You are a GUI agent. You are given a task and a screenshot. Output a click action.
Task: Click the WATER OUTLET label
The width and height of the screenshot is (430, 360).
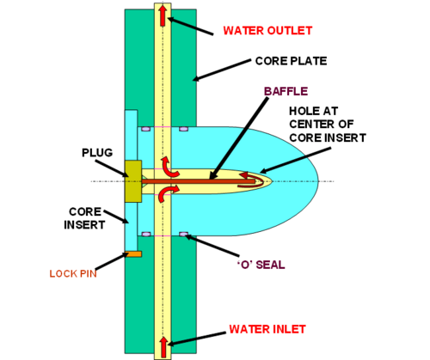(x=267, y=31)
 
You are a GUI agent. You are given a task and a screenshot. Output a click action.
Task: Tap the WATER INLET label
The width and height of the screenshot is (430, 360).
(x=267, y=329)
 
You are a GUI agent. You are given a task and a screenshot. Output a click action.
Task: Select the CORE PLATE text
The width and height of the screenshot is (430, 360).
(x=291, y=61)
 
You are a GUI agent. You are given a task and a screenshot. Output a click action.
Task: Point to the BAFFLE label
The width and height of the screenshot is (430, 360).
(x=286, y=91)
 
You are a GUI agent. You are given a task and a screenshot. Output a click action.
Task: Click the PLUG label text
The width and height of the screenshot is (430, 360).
(x=97, y=153)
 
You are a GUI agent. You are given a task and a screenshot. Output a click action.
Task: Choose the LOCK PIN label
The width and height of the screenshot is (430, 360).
(x=73, y=274)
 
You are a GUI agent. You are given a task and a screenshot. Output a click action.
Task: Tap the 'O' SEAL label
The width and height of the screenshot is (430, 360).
(x=261, y=265)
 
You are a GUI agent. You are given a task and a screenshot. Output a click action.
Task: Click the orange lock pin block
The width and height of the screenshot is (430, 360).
(x=133, y=254)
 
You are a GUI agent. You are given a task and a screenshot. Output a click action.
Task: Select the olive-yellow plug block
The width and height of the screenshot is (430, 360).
(x=133, y=181)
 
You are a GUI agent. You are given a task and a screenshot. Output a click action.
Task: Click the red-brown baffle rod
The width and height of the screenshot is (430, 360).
(x=199, y=181)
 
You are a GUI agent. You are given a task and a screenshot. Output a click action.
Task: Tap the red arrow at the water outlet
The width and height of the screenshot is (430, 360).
(x=163, y=15)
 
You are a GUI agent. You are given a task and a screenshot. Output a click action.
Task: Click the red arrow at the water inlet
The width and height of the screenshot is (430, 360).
(x=163, y=347)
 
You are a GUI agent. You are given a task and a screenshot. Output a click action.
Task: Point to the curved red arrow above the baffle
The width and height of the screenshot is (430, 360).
(x=169, y=167)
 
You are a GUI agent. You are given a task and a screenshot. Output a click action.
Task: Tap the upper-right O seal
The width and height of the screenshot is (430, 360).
(x=184, y=129)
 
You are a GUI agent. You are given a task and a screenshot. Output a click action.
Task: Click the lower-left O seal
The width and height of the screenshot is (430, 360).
(x=146, y=235)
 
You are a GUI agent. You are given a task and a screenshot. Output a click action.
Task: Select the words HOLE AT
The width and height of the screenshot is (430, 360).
(x=314, y=111)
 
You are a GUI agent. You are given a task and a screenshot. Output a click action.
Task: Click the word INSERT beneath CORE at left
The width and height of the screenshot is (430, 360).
(x=84, y=225)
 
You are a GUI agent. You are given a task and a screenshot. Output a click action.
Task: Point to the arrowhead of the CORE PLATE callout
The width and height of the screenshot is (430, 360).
(x=197, y=78)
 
